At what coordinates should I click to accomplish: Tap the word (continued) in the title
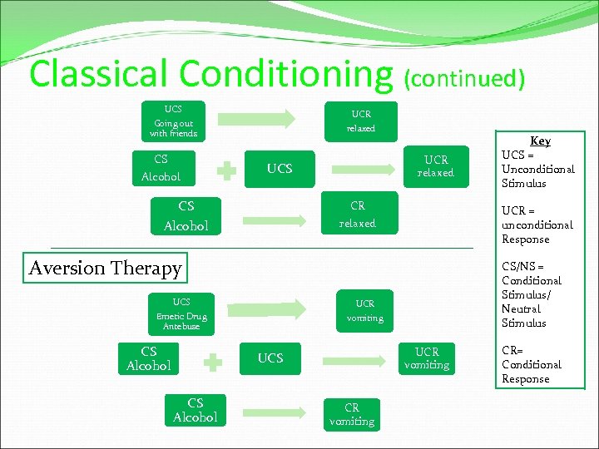(464, 78)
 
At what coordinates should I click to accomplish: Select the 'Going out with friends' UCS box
(173, 121)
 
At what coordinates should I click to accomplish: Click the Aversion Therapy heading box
(105, 268)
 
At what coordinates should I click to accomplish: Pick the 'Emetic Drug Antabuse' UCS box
(181, 314)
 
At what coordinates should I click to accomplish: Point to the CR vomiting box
(352, 414)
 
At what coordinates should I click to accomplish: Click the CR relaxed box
(358, 214)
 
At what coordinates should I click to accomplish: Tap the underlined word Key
(540, 141)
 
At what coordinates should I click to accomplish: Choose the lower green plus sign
(214, 363)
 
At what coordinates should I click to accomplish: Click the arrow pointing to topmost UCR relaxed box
(265, 118)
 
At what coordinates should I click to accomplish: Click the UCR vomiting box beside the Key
(427, 358)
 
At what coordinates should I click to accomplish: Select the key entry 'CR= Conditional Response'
(531, 364)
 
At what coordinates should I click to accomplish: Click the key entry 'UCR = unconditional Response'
(537, 224)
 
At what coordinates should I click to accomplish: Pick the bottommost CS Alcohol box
(196, 410)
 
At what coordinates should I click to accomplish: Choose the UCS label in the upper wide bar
(280, 168)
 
